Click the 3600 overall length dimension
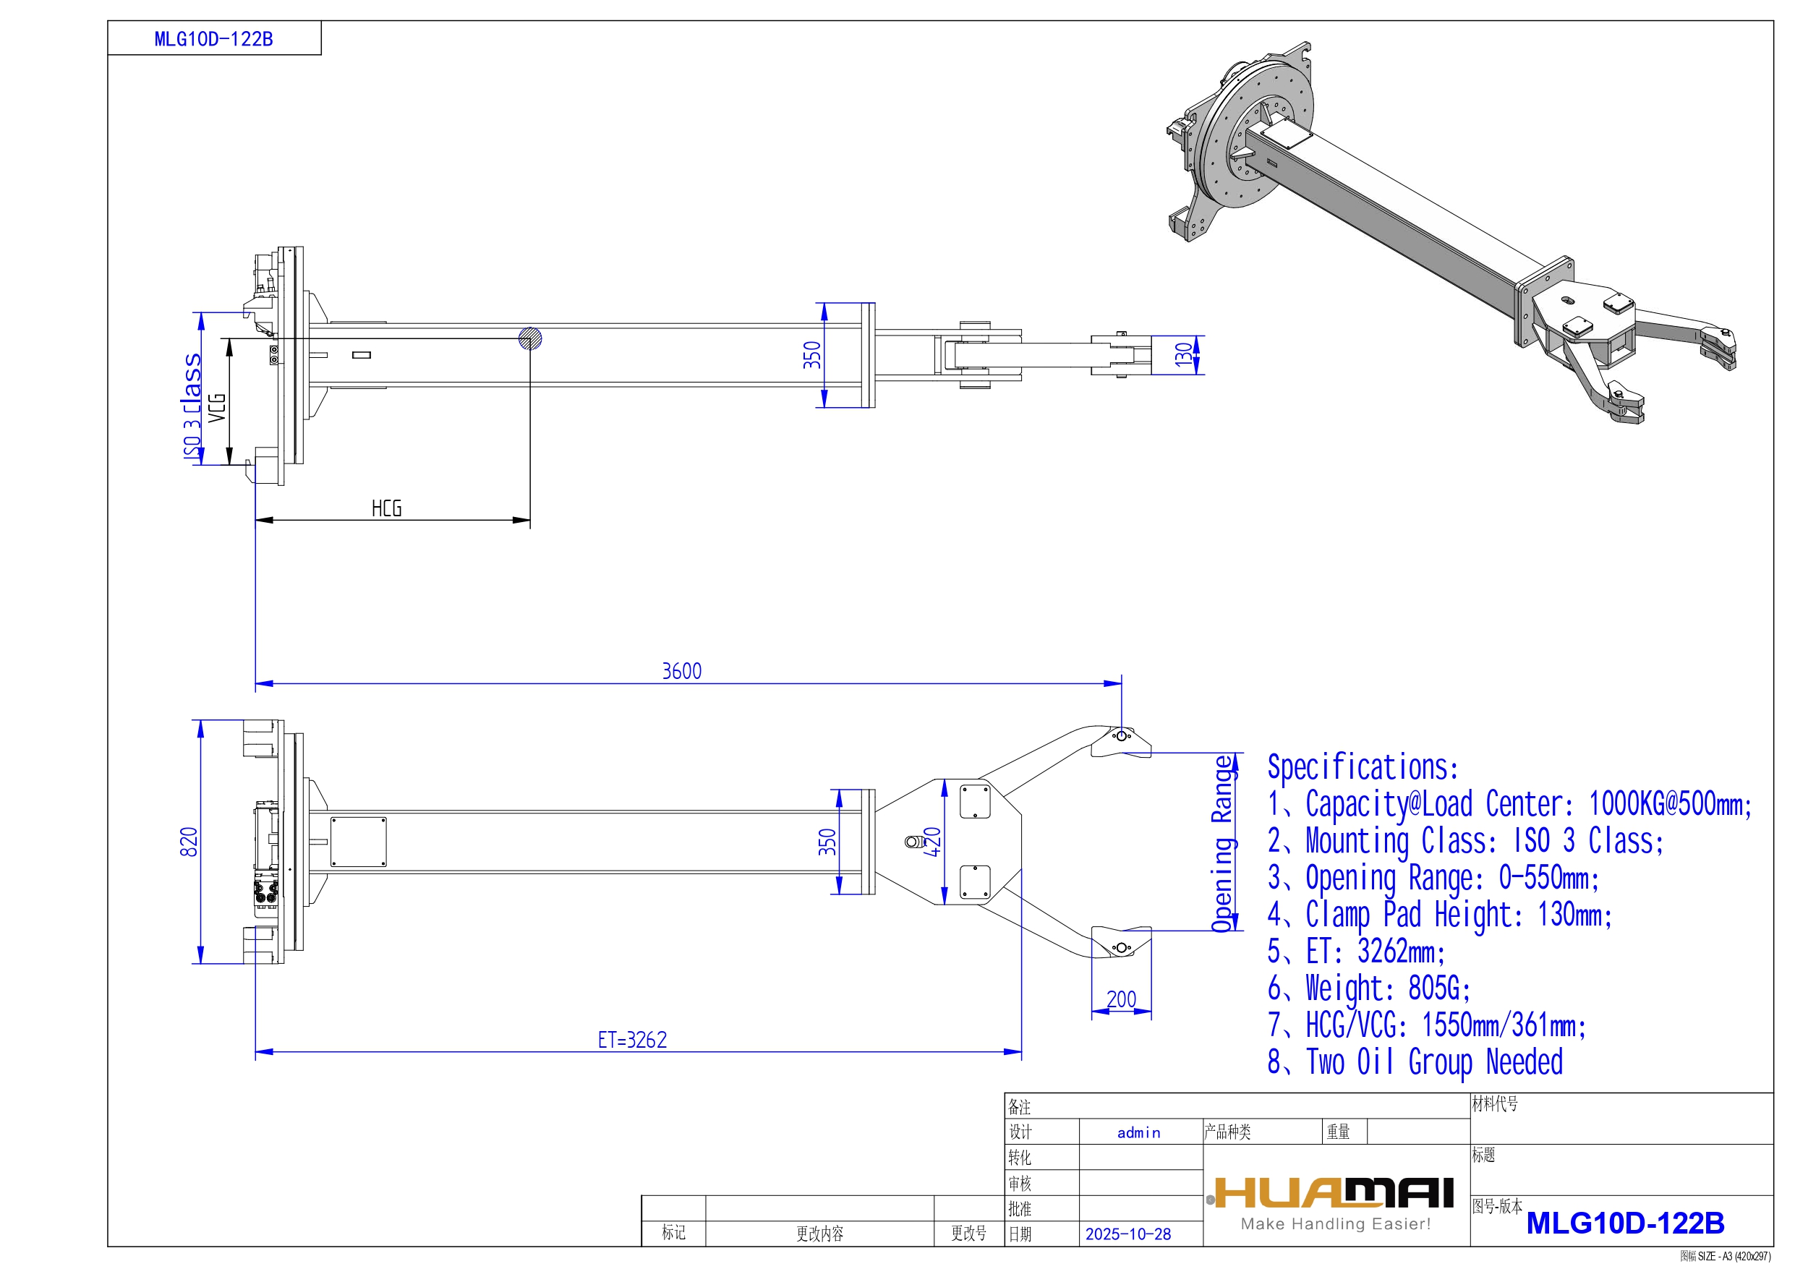pos(681,671)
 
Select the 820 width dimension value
pos(189,842)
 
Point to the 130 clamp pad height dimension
pos(1183,354)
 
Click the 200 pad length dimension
pos(1120,999)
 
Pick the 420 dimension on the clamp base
pos(932,842)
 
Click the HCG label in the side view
pos(386,509)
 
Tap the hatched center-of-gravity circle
pos(530,338)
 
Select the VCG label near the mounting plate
pos(216,407)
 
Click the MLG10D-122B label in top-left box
pos(213,39)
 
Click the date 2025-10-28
pos(1127,1234)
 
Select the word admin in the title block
pos(1138,1132)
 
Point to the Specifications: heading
pos(1363,767)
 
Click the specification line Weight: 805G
pos(1369,988)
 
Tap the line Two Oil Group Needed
pos(1415,1061)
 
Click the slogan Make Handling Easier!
pos(1335,1223)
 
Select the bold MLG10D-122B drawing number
pos(1624,1223)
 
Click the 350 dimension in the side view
pos(812,355)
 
